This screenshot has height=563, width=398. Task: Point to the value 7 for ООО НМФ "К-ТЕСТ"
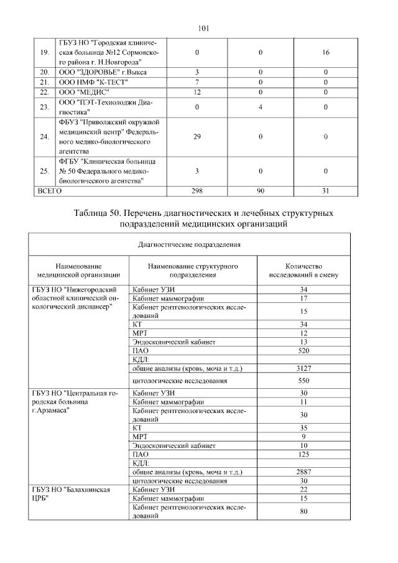point(197,82)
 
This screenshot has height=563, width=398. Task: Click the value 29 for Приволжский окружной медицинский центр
point(197,136)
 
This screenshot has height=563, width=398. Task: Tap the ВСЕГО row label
point(50,191)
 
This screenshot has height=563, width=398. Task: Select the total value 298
point(197,191)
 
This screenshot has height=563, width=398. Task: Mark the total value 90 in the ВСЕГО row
point(261,191)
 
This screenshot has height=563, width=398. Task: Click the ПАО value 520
point(303,350)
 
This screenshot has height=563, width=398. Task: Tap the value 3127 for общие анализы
point(303,368)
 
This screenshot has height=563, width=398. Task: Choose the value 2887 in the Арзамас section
point(303,472)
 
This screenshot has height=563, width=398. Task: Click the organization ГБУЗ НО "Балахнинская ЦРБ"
point(75,494)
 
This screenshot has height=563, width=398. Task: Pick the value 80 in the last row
point(303,512)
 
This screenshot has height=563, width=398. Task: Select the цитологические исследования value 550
point(303,379)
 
